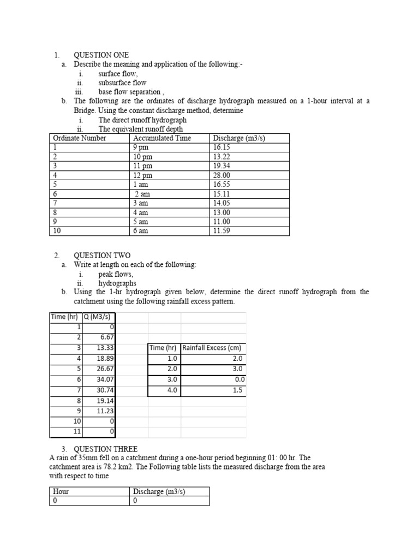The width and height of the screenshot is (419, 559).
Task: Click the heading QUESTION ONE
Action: [x=101, y=55]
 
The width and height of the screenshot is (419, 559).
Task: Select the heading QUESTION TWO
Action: [x=102, y=255]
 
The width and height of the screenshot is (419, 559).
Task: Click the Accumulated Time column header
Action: [x=162, y=138]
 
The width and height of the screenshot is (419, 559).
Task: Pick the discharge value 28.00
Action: [x=222, y=175]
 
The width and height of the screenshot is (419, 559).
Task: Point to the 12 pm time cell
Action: [x=142, y=175]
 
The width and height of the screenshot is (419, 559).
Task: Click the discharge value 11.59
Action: [x=222, y=231]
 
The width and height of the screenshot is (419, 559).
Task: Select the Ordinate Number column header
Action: [x=79, y=138]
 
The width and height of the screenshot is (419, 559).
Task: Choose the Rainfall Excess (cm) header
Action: [x=212, y=348]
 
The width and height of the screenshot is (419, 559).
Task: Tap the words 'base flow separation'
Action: [x=129, y=92]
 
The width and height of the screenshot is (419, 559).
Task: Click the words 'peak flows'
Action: [x=115, y=274]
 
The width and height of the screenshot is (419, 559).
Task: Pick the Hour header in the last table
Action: [x=61, y=491]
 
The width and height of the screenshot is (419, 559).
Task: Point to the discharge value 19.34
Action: [x=222, y=165]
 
